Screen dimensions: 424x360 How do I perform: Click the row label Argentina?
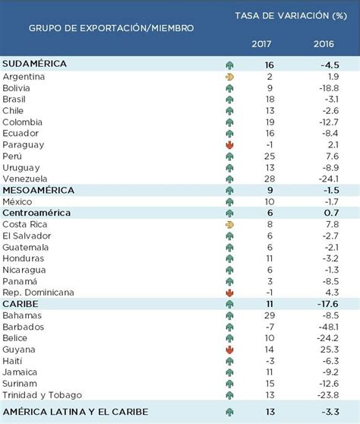pos(24,77)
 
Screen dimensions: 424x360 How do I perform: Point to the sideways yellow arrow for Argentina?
pos(229,77)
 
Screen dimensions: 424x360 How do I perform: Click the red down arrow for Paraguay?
pos(229,144)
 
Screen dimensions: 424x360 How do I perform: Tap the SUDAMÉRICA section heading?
pos(35,65)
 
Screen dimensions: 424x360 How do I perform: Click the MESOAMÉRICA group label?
pos(39,190)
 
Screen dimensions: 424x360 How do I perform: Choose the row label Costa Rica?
pos(26,224)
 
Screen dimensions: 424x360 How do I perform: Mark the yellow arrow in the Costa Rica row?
pos(229,224)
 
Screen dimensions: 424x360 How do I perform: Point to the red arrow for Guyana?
pos(229,349)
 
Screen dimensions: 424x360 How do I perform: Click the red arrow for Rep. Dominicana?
pos(229,292)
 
